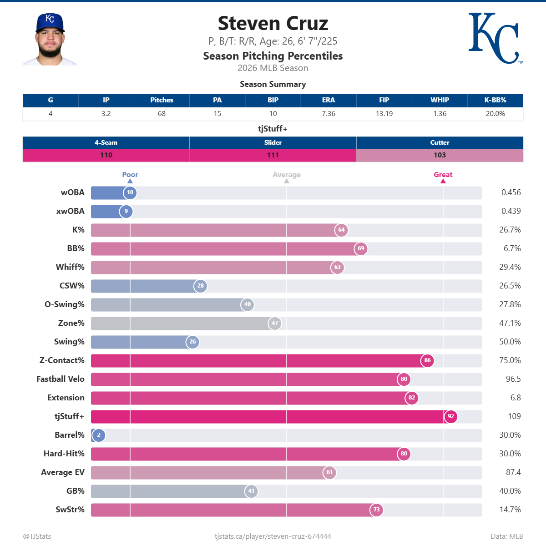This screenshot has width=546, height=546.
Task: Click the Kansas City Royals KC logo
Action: pos(495,38)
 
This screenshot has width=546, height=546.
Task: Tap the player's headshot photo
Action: pos(50,40)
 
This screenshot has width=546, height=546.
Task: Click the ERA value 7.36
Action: pos(329,114)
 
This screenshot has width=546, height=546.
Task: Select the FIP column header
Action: pos(384,100)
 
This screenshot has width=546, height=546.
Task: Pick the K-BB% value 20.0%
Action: pos(495,114)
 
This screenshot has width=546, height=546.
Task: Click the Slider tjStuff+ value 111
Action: pos(273,155)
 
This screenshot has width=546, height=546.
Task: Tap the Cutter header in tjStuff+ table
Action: pos(440,142)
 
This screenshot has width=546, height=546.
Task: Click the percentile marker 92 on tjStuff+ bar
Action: pos(450,416)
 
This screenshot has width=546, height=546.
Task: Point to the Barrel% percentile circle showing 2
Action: pos(99,435)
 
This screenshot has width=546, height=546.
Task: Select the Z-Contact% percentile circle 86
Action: pos(427,360)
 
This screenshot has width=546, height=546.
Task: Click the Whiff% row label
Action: pos(70,267)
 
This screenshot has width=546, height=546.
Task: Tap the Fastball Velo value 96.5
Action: pos(513,379)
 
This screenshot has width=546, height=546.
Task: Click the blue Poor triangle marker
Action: pos(130,181)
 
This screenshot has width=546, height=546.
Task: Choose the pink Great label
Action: pos(443,175)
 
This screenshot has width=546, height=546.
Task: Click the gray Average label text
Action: pos(287,175)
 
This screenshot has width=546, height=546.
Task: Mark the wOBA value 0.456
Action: pos(511,192)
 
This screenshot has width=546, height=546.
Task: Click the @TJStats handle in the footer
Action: pos(37,536)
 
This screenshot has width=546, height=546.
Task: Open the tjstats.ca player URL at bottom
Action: pos(273,536)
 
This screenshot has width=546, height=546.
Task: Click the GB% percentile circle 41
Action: pos(251,491)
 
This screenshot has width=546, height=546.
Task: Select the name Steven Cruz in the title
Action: pos(273,24)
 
